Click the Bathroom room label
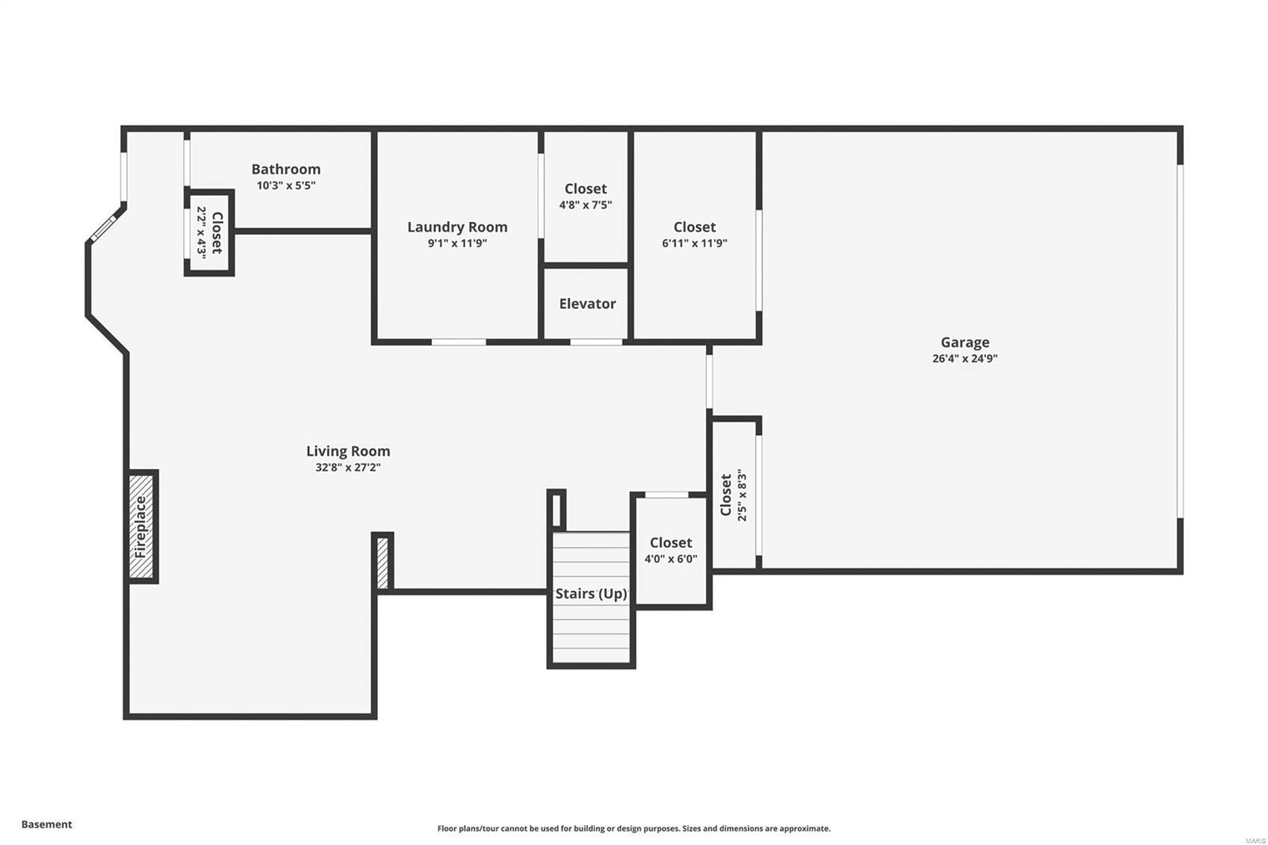(285, 169)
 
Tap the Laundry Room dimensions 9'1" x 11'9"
(457, 243)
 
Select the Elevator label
(587, 304)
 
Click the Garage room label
(964, 342)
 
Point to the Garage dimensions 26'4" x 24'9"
(964, 358)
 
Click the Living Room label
(348, 451)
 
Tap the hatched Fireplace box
(142, 526)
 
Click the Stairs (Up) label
(591, 594)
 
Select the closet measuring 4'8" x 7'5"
(586, 197)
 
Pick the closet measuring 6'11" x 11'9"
(694, 235)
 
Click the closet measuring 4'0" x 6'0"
(670, 550)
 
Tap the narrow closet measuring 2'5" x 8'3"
(733, 495)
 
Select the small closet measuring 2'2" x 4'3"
(209, 232)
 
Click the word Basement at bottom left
(47, 824)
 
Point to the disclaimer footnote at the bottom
(634, 828)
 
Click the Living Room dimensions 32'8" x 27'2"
(348, 468)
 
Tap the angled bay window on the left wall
(103, 227)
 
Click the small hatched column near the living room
(382, 563)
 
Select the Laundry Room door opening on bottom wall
(458, 342)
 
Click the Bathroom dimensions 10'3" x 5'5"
(285, 185)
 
